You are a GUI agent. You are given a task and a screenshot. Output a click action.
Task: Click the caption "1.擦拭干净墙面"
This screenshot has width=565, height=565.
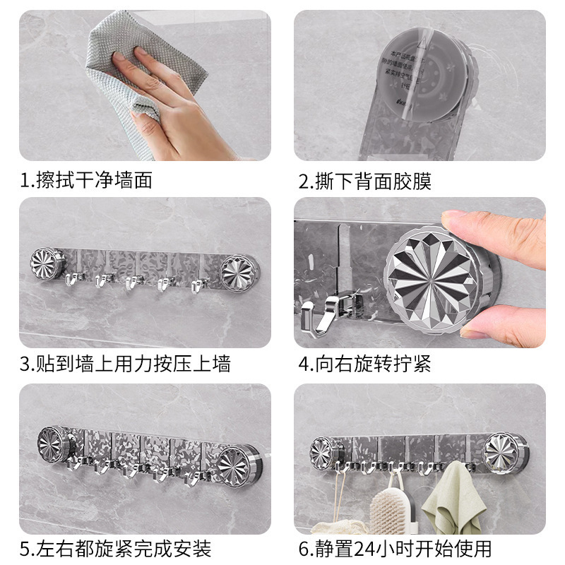[x=85, y=180]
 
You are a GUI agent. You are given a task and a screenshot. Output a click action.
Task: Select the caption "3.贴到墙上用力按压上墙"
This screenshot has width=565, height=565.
[x=124, y=364]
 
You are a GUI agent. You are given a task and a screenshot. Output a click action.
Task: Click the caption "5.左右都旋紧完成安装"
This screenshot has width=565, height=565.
[x=115, y=547]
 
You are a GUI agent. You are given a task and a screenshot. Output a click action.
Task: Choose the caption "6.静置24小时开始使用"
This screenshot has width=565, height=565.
[x=394, y=547]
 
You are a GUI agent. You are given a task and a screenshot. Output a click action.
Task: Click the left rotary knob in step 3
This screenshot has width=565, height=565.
[x=47, y=263]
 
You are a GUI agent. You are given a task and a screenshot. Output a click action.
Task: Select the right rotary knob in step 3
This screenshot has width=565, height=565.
[x=238, y=270]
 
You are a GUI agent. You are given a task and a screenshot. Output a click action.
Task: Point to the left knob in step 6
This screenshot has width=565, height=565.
[x=326, y=452]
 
